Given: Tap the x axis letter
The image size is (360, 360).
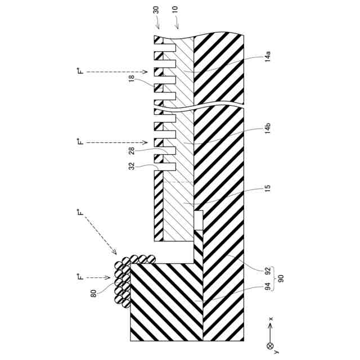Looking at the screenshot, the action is [271, 319].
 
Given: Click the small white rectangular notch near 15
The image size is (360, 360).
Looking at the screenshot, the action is [198, 219].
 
